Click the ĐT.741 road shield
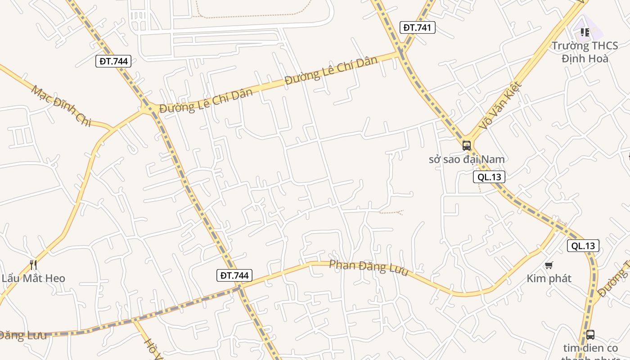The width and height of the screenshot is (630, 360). (x=417, y=27)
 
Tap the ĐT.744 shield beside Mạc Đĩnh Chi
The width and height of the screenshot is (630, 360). (x=113, y=61)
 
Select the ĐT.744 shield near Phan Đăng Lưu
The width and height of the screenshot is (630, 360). (x=234, y=275)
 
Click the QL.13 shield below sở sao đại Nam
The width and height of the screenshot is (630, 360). (x=489, y=177)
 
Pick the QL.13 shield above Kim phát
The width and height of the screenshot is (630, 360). (x=583, y=246)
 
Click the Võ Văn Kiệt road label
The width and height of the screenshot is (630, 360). (x=500, y=106)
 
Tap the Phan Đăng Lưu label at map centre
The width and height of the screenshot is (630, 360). (x=369, y=268)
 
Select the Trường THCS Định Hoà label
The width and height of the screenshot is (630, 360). (x=585, y=52)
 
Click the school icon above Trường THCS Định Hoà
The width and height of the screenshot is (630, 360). (x=585, y=32)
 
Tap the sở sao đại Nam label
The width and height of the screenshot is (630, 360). (x=467, y=159)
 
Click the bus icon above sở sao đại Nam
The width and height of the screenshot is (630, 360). (x=467, y=145)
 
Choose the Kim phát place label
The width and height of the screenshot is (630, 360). (x=549, y=279)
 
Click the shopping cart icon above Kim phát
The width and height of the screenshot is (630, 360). (x=549, y=265)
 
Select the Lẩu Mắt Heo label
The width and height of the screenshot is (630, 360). (x=33, y=279)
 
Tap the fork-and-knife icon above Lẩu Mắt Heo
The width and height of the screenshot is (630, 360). (x=33, y=265)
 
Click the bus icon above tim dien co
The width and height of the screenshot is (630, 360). (x=590, y=334)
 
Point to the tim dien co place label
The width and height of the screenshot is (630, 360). (x=590, y=348)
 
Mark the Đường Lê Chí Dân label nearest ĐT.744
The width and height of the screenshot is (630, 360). (x=206, y=101)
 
